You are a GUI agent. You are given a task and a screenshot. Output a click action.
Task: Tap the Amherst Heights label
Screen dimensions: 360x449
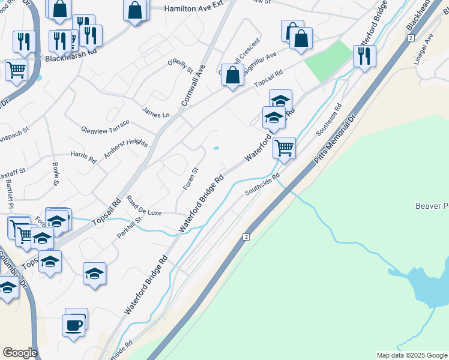(x=125, y=148)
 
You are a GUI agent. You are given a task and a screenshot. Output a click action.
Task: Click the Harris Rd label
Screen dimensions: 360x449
(x=83, y=157)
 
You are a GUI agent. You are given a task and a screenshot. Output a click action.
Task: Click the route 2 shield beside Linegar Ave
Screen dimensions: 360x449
(x=411, y=37)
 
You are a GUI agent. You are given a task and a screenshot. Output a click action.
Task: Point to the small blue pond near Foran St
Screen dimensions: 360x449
(x=216, y=148)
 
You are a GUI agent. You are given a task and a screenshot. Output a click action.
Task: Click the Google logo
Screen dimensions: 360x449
(x=20, y=353)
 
